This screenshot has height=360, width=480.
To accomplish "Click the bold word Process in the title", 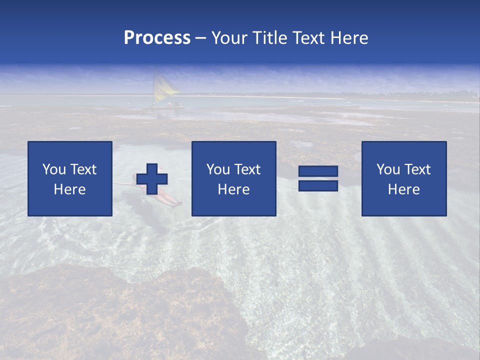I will [157, 38].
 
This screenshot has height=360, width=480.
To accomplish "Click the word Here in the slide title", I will [349, 38].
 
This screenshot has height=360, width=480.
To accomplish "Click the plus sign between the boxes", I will [152, 179].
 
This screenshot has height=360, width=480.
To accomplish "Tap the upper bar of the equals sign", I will [318, 171].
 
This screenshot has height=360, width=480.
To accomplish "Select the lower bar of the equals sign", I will [318, 186].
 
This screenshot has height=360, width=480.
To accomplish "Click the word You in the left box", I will [54, 169].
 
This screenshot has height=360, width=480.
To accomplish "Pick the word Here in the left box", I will [70, 189].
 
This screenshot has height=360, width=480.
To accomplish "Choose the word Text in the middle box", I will [247, 169].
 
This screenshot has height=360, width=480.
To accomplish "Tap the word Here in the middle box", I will [233, 189].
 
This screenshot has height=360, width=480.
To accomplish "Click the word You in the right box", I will [388, 169].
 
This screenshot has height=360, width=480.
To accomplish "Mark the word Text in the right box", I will [417, 169].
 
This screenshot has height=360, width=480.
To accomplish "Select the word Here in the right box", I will [403, 189].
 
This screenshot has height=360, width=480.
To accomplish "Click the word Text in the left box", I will [83, 169].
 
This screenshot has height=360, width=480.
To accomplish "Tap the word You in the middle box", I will [218, 169].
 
